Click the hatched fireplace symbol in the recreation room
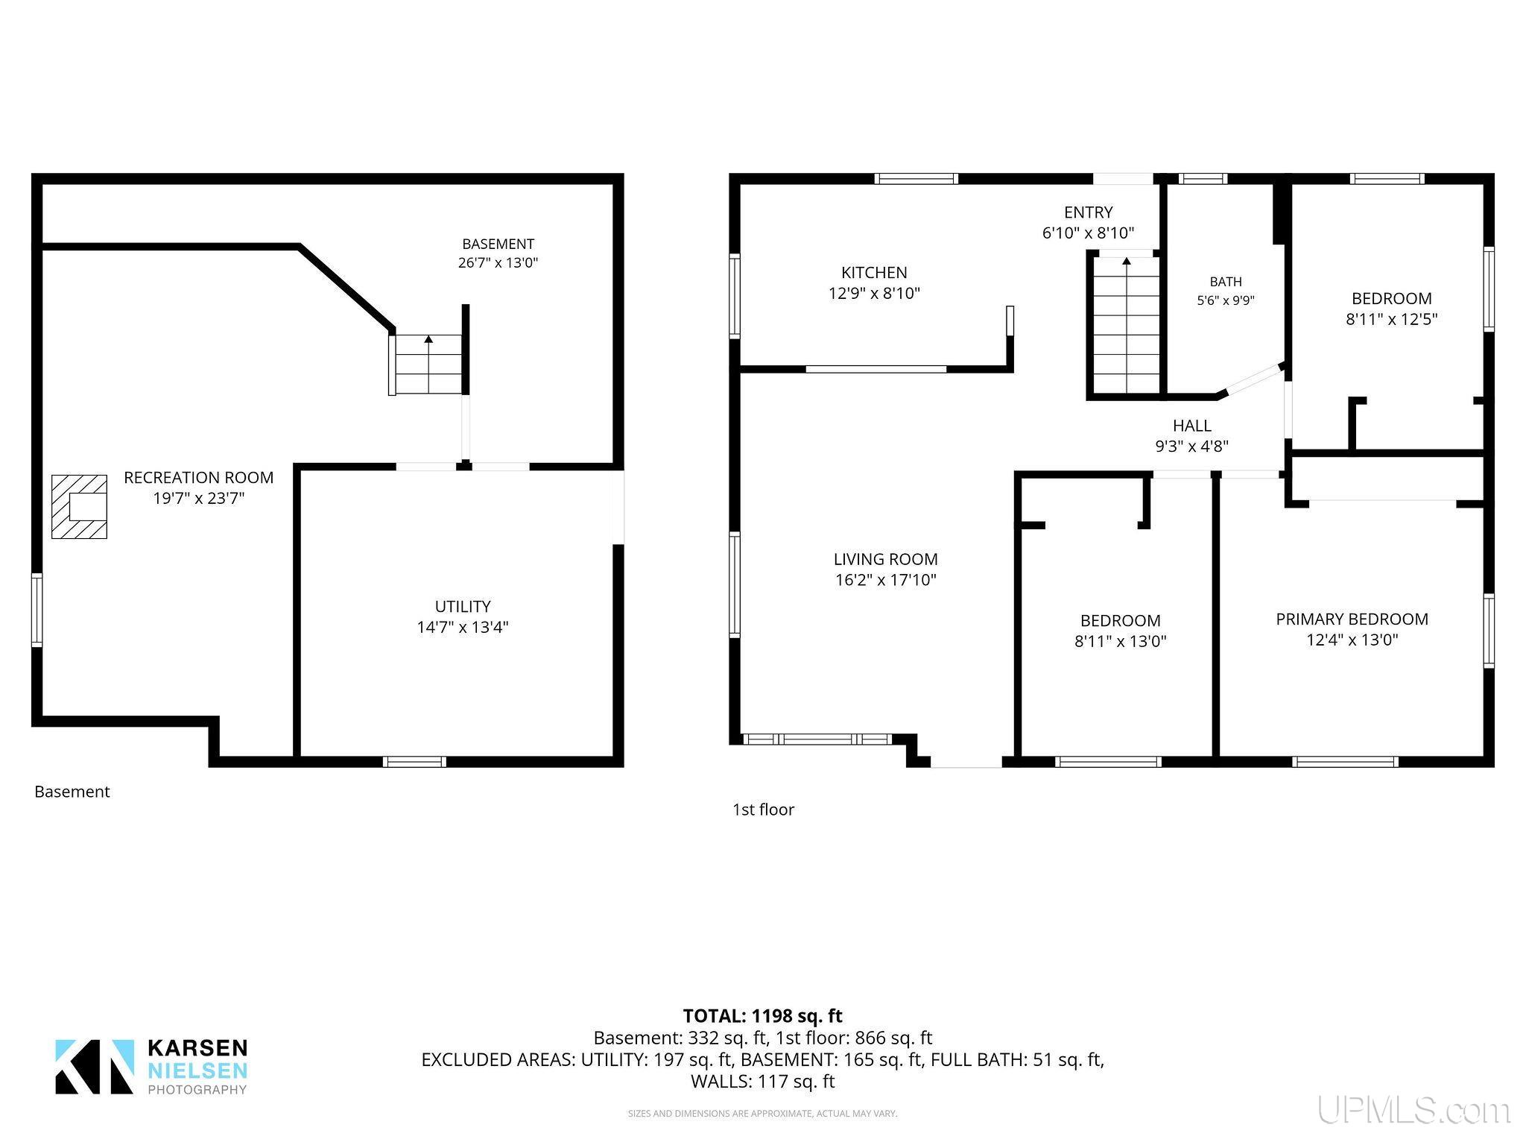(x=79, y=507)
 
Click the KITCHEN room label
(x=874, y=273)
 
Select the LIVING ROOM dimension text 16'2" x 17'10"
(x=885, y=580)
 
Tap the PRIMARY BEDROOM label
(x=1352, y=619)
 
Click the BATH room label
(x=1226, y=282)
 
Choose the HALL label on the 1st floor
(x=1191, y=426)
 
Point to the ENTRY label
(x=1088, y=212)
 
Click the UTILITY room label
(x=463, y=607)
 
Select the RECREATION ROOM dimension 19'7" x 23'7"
(x=199, y=499)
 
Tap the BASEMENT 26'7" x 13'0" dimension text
(x=498, y=263)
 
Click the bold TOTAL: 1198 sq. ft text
(x=762, y=1016)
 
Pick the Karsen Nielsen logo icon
(x=95, y=1067)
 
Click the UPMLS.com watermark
(x=1413, y=1110)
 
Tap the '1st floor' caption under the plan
(x=763, y=810)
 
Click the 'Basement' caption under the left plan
(x=72, y=792)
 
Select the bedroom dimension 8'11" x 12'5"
(x=1391, y=320)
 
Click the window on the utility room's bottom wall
(x=414, y=761)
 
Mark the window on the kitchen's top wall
(x=916, y=178)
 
